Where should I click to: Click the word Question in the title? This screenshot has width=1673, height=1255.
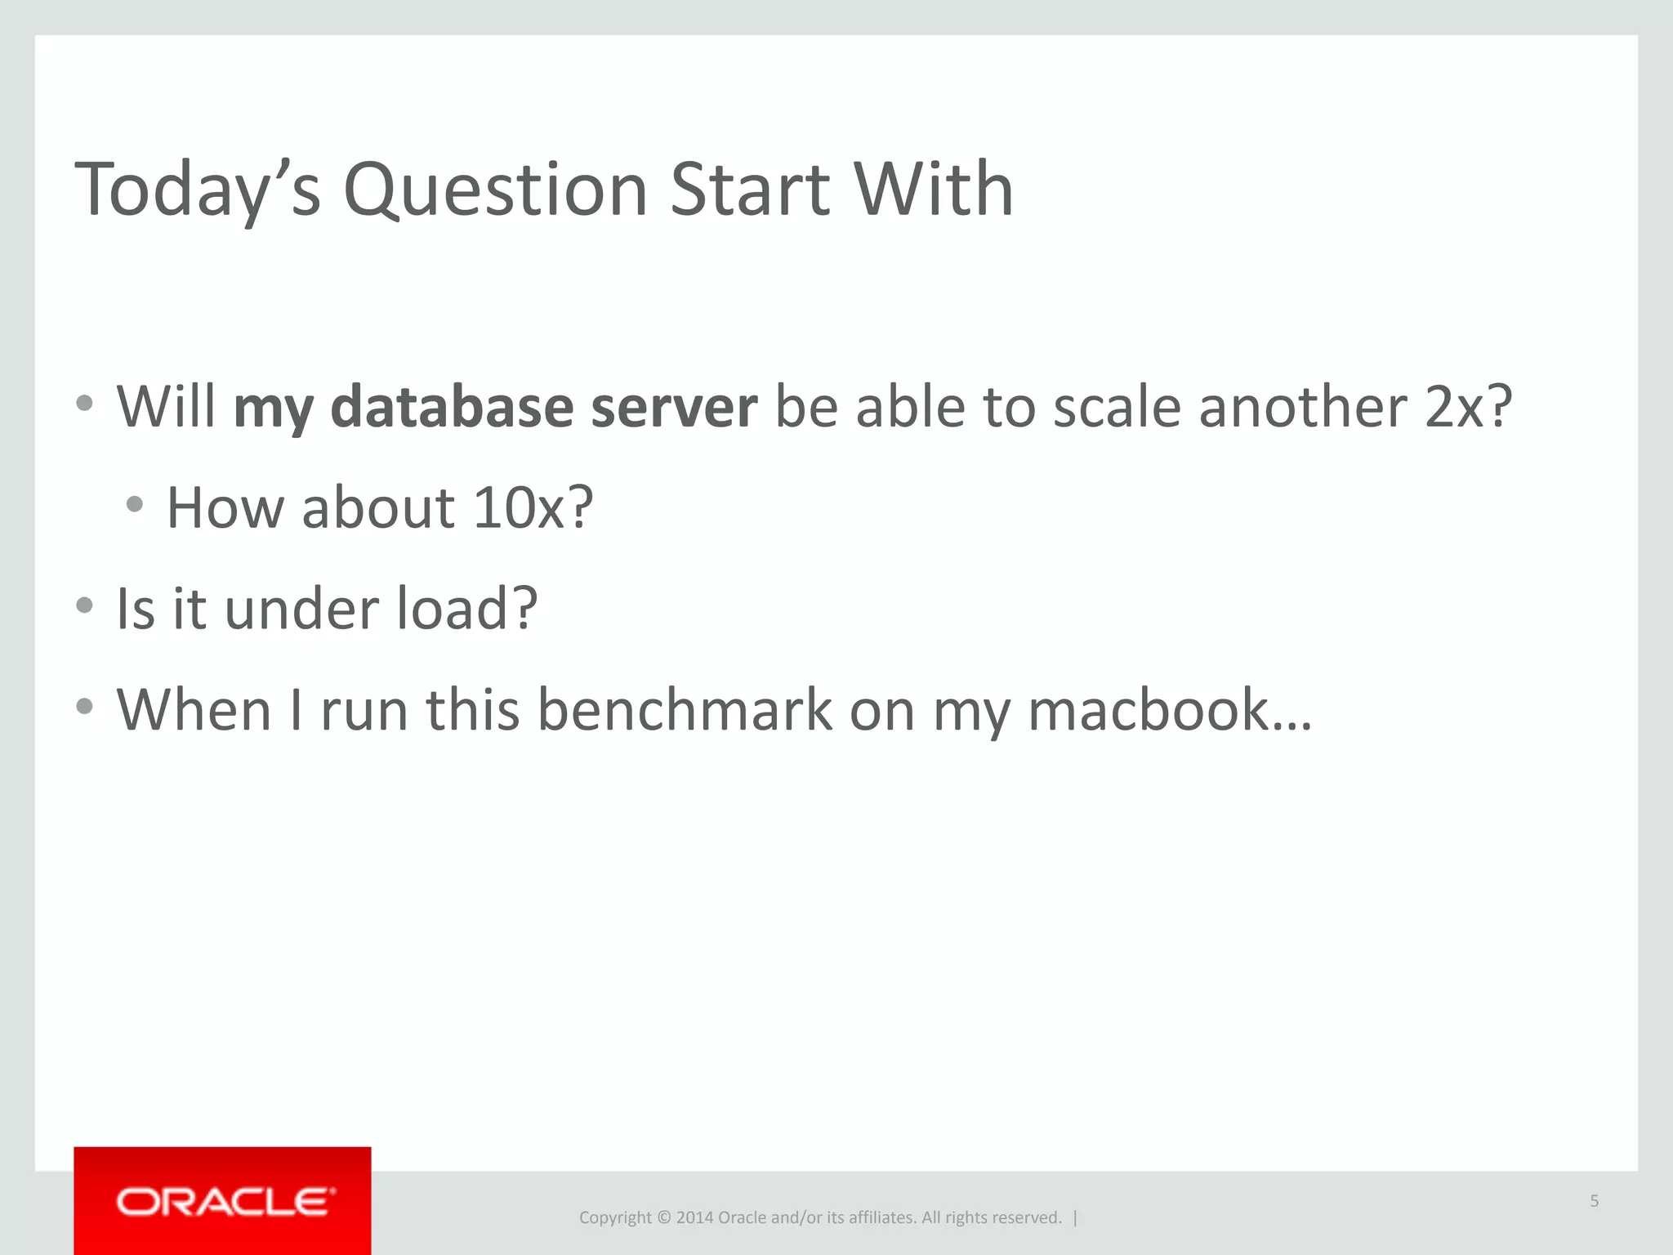tap(495, 190)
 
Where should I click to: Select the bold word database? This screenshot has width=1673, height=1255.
tap(452, 406)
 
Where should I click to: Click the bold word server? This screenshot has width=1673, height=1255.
tap(674, 406)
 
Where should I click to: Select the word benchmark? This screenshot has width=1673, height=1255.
tap(685, 709)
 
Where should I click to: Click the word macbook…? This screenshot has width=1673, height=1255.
tap(1169, 709)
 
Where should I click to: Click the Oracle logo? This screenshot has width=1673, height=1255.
tap(222, 1201)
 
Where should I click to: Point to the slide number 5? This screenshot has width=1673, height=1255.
tap(1594, 1200)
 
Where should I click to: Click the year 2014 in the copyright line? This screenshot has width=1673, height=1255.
tap(694, 1217)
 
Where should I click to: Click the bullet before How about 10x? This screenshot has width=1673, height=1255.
tap(135, 504)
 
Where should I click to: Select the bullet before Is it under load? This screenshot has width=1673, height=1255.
tap(84, 605)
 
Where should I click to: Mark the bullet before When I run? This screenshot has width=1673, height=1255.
tap(84, 706)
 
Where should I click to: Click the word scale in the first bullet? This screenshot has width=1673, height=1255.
tap(1116, 406)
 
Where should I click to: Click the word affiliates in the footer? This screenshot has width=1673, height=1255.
tap(881, 1217)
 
